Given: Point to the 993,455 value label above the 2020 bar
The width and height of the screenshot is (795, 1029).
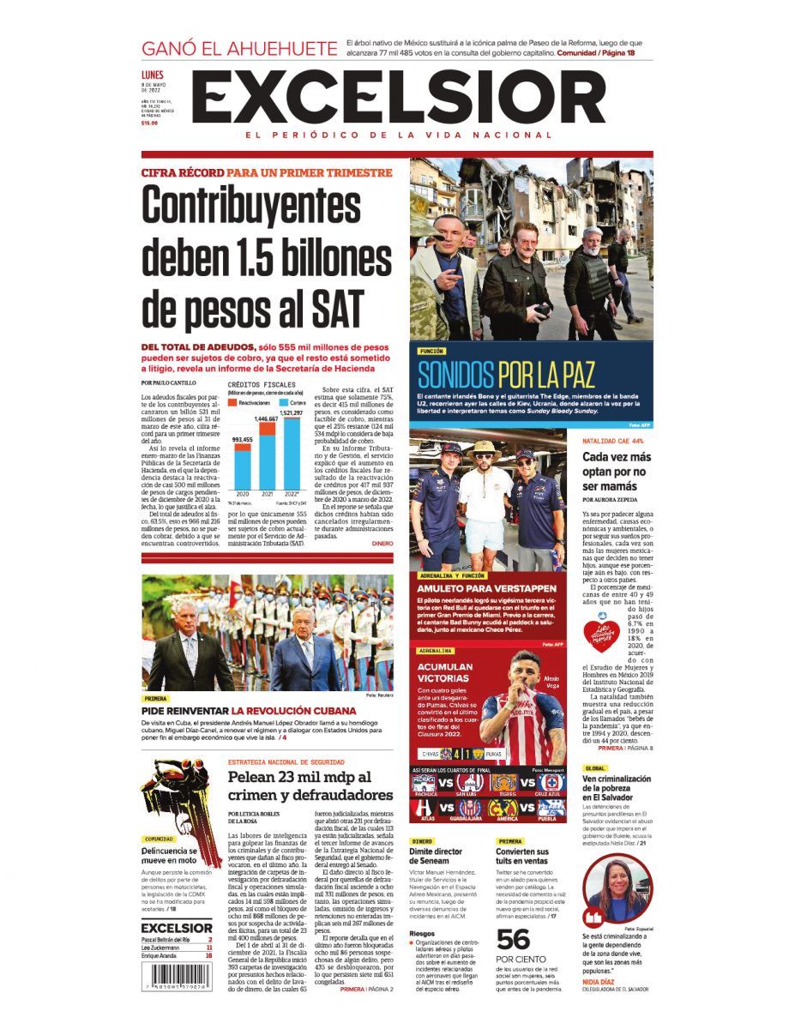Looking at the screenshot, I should (243, 439).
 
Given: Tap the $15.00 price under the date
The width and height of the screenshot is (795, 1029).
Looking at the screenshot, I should (149, 123).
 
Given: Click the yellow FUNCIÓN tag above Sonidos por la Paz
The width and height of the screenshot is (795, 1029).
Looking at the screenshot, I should (432, 352).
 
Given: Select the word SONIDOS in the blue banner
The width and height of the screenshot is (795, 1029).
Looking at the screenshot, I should (455, 375).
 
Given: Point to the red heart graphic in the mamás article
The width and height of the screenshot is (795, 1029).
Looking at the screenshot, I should (601, 635).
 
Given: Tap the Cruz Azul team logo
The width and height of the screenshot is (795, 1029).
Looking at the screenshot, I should (551, 782).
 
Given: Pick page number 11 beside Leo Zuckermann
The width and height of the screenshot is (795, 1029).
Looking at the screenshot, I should (208, 948).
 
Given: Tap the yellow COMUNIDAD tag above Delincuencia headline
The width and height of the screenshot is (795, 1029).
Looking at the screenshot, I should (159, 839).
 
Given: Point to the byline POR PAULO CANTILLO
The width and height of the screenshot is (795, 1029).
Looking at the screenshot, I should (169, 382).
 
